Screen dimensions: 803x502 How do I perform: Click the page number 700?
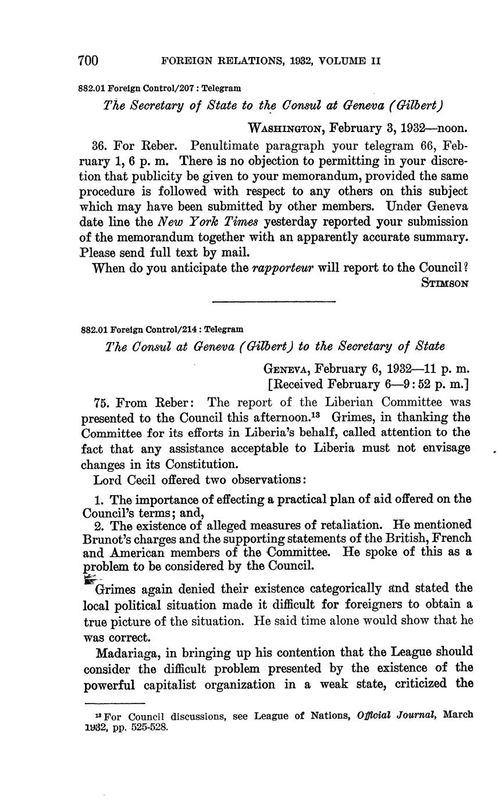(88, 61)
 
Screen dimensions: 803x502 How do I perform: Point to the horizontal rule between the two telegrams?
(274, 301)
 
